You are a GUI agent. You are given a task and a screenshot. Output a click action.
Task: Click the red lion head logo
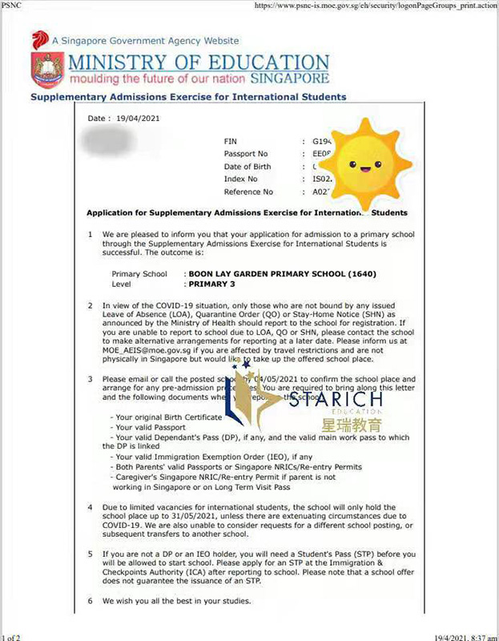pyautogui.click(x=40, y=40)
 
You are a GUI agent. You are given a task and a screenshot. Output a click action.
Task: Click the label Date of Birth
pyautogui.click(x=250, y=167)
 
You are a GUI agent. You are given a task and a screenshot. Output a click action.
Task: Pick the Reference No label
pyautogui.click(x=250, y=192)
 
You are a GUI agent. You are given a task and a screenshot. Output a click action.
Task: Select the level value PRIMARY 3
pyautogui.click(x=211, y=284)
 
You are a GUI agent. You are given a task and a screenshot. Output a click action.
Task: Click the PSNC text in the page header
pyautogui.click(x=12, y=6)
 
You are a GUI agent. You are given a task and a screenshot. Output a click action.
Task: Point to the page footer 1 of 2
pyautogui.click(x=12, y=635)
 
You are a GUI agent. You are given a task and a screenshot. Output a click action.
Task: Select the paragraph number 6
pyautogui.click(x=90, y=600)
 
